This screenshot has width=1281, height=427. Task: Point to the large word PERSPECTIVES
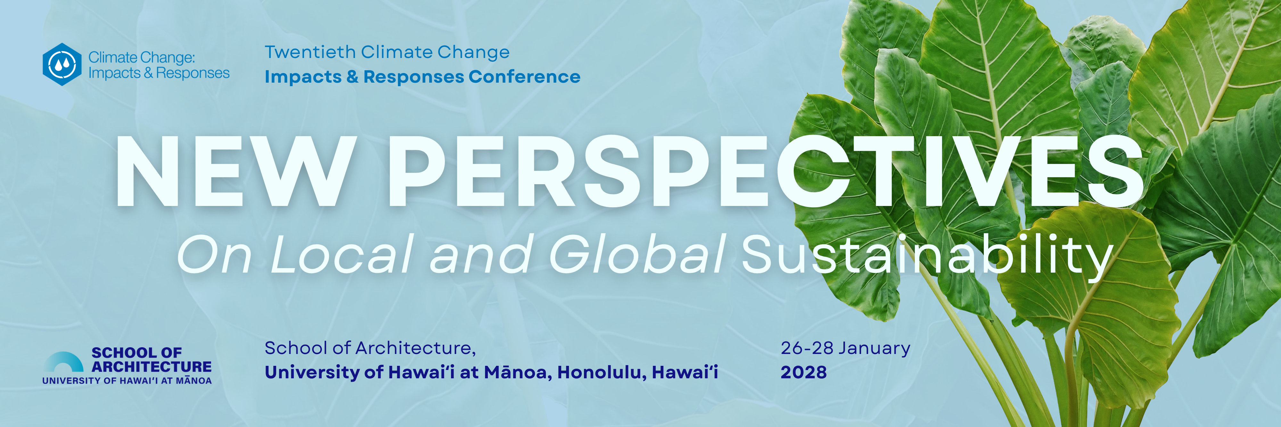click(766, 171)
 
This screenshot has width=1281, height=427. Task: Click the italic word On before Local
click(214, 255)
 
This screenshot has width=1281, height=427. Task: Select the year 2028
click(804, 372)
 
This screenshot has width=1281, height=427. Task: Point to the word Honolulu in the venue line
click(602, 372)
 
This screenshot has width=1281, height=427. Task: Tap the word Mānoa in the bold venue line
click(518, 372)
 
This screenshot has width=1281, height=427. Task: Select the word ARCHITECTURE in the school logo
click(152, 367)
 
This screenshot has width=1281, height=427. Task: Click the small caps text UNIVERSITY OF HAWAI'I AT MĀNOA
click(127, 381)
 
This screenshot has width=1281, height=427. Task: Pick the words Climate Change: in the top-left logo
click(142, 58)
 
